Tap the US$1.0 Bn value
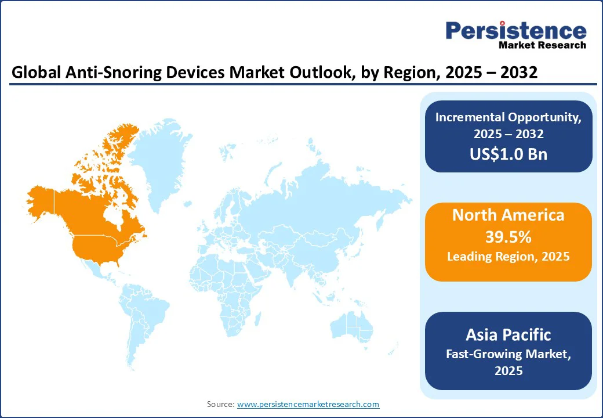[508, 154]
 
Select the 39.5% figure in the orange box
[508, 237]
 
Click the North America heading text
[508, 215]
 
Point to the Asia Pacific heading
[508, 334]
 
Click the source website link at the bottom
[308, 404]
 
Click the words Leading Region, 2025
[508, 257]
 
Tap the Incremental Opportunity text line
[508, 117]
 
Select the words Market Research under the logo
[542, 45]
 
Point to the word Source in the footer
[220, 404]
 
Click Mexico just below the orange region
[96, 270]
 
